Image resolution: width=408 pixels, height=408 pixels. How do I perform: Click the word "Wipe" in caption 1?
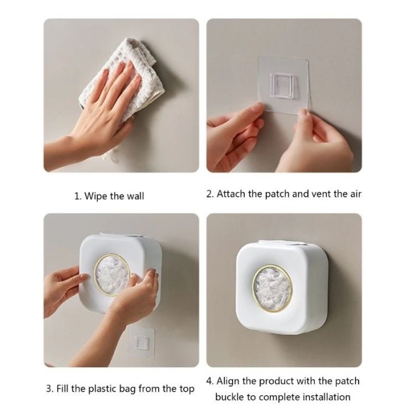(x=96, y=196)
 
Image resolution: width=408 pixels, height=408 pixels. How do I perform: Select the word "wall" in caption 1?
(x=135, y=196)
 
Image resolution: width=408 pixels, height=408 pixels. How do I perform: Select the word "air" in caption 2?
(x=355, y=194)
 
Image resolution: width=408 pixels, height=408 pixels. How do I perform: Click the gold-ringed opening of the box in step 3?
(x=112, y=275)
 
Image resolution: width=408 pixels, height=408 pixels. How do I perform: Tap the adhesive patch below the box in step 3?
(x=141, y=342)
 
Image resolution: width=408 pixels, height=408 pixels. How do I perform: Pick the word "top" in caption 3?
(x=187, y=389)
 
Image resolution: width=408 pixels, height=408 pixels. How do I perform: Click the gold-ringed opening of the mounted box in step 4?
(x=272, y=289)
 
